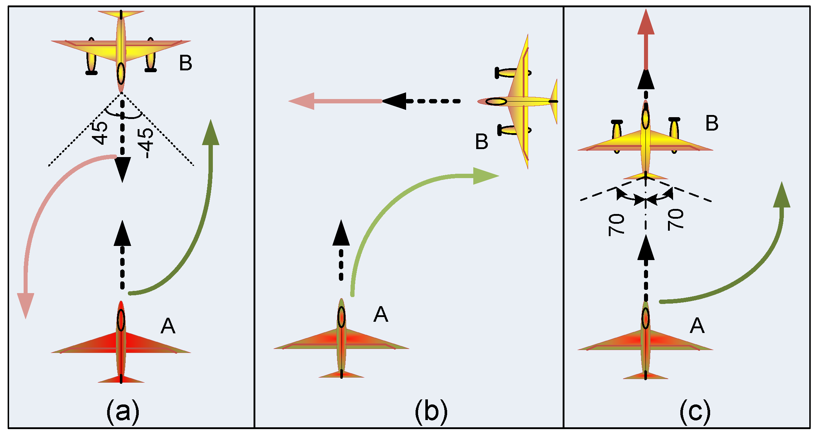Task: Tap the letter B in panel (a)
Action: [186, 63]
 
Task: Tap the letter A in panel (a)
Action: [168, 326]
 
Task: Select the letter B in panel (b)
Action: [482, 141]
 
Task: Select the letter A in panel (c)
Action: [697, 325]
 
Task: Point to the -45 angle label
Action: [146, 143]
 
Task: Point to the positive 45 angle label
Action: [100, 132]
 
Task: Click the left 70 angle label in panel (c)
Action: [616, 225]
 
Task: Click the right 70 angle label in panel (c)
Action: [676, 219]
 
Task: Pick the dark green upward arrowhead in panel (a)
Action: [210, 132]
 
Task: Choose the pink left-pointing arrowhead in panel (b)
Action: [301, 101]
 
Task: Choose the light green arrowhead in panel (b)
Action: [486, 176]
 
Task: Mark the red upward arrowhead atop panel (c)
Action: [646, 22]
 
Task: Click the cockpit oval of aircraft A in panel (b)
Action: [341, 317]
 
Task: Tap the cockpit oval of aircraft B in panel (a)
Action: [121, 74]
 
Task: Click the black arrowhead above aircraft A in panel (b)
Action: [341, 233]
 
